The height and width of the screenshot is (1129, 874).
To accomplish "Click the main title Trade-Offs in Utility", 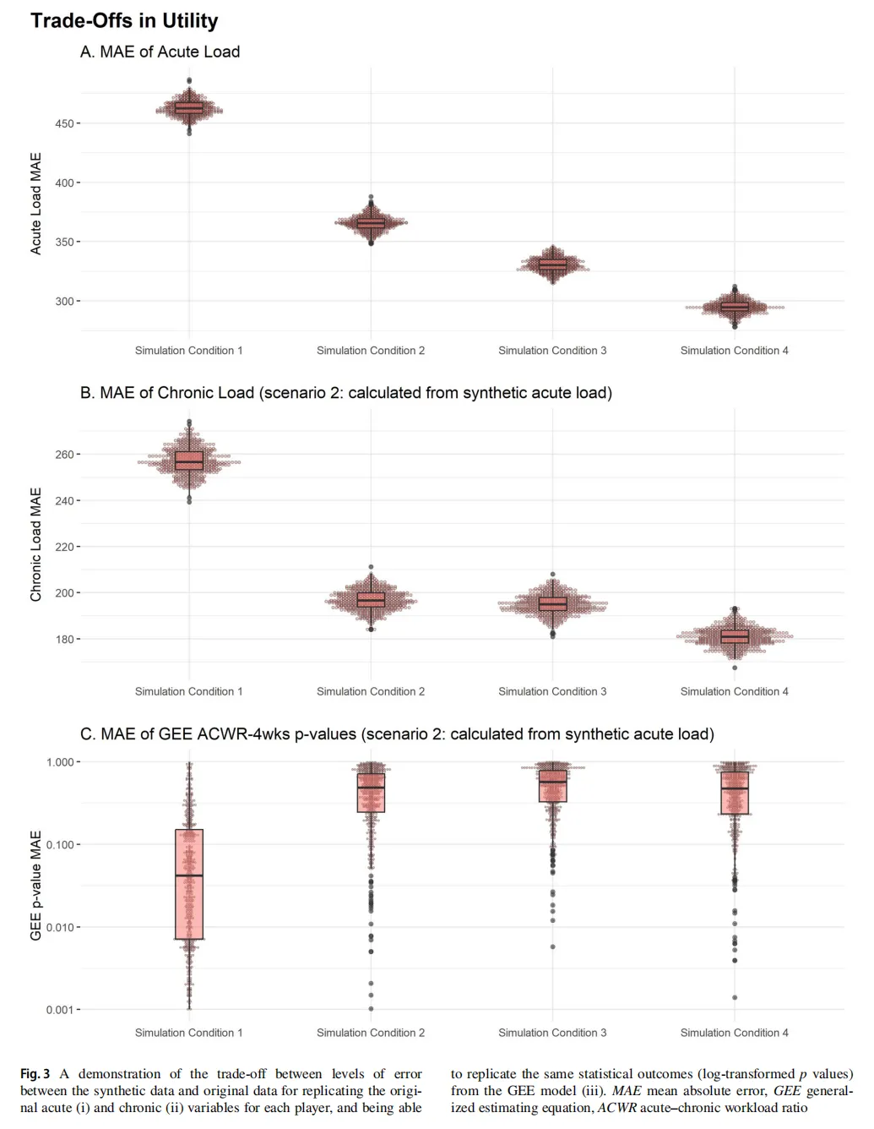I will click(x=124, y=21).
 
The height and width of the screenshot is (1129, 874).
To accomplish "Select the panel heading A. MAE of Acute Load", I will click(x=160, y=52).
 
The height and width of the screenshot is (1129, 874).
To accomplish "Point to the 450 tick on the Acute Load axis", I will click(x=64, y=123).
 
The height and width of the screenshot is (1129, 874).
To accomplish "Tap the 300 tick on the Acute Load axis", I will click(x=64, y=301).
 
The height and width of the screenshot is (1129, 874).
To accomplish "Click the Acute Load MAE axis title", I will click(x=36, y=204).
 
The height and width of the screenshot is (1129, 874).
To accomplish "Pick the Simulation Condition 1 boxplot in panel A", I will click(x=189, y=108).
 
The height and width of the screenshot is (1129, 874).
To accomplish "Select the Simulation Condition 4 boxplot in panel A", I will click(x=735, y=306).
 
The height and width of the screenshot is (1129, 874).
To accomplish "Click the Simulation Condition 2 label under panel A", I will click(x=371, y=351).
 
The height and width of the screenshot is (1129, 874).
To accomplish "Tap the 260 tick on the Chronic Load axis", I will click(x=65, y=455).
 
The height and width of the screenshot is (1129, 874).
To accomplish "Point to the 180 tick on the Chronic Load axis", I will click(x=65, y=640).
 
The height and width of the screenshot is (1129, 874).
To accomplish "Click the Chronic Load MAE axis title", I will click(x=36, y=545).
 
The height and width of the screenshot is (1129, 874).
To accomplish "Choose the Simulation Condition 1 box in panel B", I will click(x=189, y=461).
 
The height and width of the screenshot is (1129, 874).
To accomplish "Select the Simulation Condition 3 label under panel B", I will click(x=552, y=691).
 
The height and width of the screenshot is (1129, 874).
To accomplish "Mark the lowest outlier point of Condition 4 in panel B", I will click(x=735, y=668).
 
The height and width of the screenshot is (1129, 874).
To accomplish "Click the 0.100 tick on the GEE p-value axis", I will click(x=62, y=845).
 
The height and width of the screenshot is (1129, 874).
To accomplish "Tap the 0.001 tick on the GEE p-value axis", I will click(x=62, y=1010).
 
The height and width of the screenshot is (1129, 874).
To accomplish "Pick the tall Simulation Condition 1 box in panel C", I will click(x=189, y=884).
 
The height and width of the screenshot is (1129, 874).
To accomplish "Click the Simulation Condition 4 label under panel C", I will click(x=735, y=1033).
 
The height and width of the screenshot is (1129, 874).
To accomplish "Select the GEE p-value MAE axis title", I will click(x=36, y=886).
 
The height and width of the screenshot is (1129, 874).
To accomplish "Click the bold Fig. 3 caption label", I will click(x=35, y=1074).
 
